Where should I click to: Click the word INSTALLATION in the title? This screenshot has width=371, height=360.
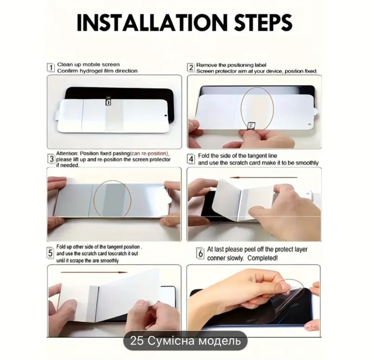(x=152, y=23)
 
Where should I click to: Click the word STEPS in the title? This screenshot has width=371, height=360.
(x=263, y=23)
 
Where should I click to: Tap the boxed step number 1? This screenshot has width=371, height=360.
(x=50, y=67)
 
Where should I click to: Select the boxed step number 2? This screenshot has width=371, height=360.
(x=190, y=67)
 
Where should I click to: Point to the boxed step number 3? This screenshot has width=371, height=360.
(x=51, y=159)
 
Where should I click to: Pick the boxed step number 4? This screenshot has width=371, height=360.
(x=191, y=159)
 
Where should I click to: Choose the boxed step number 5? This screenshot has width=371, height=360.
(x=50, y=253)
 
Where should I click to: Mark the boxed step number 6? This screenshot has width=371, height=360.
(x=201, y=253)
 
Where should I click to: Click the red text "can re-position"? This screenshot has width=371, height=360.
(x=149, y=153)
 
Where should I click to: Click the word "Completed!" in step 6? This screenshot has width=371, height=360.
(x=262, y=258)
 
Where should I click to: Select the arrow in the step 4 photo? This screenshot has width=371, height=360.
(x=263, y=177)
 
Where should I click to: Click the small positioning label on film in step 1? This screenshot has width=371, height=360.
(x=109, y=101)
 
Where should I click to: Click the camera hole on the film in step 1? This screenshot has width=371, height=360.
(x=165, y=115)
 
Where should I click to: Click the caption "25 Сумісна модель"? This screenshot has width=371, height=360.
(x=185, y=341)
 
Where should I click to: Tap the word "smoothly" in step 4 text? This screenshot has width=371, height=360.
(x=307, y=163)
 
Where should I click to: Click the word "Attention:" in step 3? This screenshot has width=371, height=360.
(x=67, y=153)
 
